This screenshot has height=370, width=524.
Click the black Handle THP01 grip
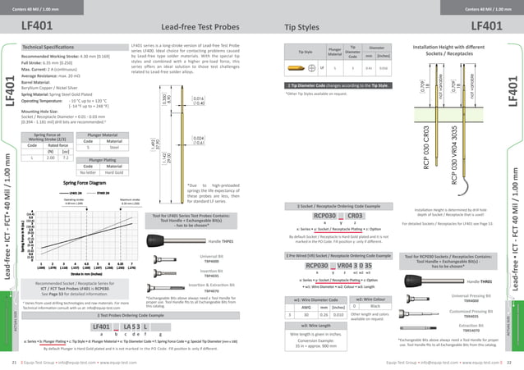click(240, 219)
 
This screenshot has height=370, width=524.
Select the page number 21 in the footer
click(13, 361)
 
